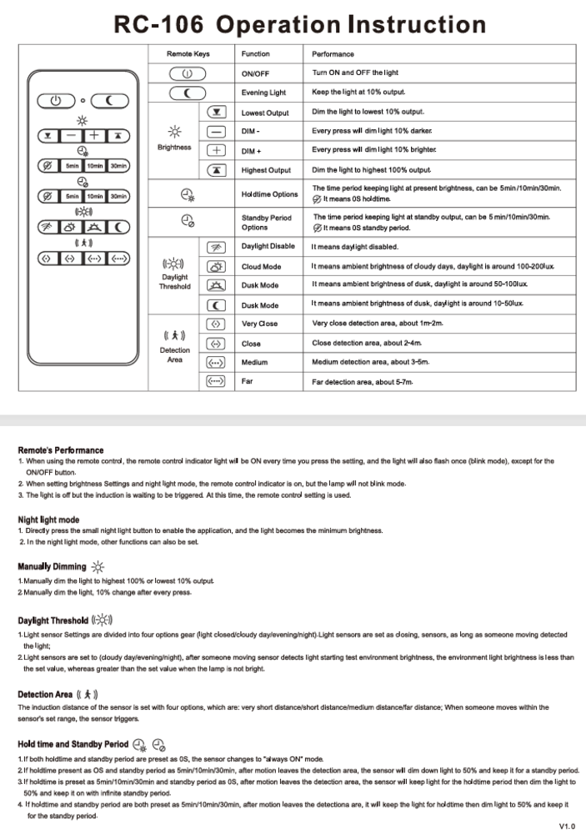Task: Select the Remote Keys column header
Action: pos(188,54)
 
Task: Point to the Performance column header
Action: pos(333,54)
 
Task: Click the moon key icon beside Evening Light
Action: pos(188,92)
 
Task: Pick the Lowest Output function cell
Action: pos(265,113)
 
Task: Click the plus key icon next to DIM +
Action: pos(216,151)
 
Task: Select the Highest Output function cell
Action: pos(266,170)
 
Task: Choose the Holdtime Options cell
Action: pos(269,194)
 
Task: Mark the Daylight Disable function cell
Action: pos(268,247)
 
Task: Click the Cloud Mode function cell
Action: pos(260,267)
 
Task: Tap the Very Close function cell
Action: pos(259,324)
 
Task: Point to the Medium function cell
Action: pos(254,363)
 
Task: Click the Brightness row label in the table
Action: pos(174,148)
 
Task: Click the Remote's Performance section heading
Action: pos(61,450)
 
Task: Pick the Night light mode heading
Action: pos(48,520)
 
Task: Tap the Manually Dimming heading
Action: pos(52,567)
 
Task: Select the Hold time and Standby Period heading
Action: pos(73,744)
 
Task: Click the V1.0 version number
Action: pos(567,826)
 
